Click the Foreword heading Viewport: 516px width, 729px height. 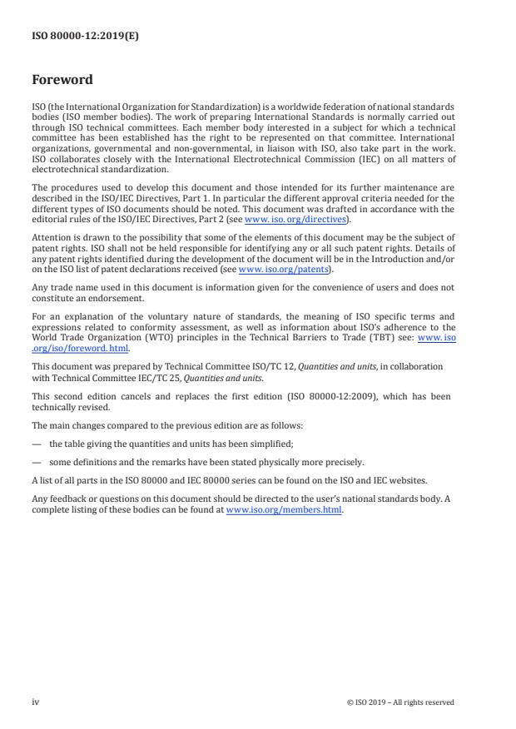click(62, 80)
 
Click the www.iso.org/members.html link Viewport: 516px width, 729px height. click(284, 509)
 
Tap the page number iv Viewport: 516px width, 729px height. click(35, 702)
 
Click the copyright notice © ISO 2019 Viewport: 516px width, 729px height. click(400, 702)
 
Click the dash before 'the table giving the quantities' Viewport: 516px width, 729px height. click(36, 444)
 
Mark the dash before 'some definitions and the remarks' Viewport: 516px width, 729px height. click(36, 462)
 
